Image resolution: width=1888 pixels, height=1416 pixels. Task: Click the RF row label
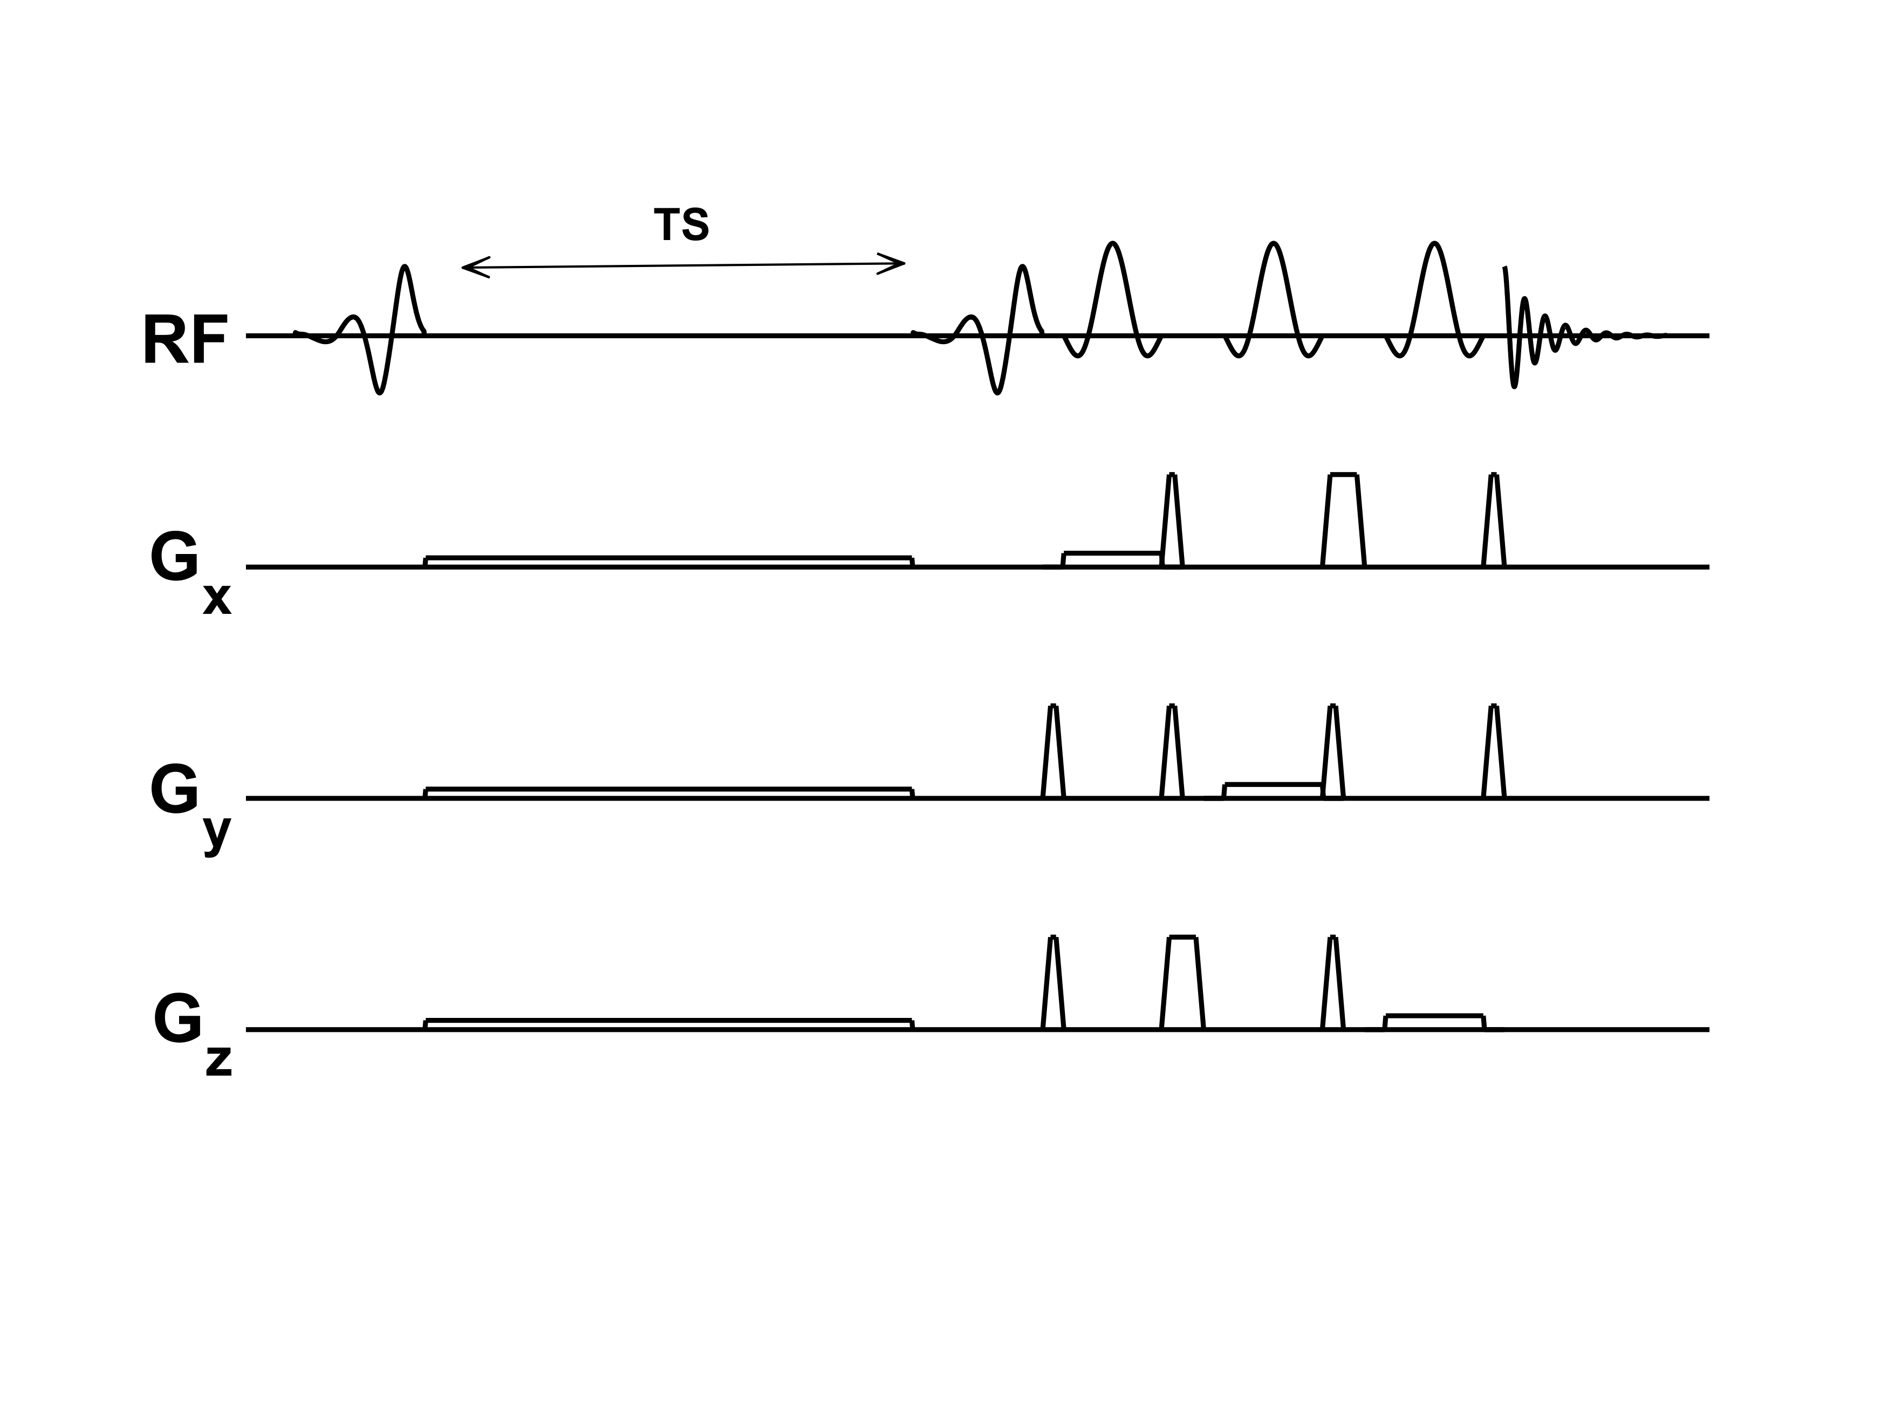(185, 340)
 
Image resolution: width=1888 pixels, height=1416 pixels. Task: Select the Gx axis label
(189, 573)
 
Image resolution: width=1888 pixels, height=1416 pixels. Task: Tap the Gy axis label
(189, 806)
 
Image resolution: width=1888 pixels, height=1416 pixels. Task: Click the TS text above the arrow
(681, 225)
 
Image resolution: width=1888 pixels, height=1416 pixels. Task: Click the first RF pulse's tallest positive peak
(406, 268)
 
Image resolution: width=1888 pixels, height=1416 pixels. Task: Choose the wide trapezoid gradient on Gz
(1182, 982)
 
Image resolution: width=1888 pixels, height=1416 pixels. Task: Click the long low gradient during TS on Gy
(668, 792)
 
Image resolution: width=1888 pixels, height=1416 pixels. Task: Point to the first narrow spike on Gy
(1054, 751)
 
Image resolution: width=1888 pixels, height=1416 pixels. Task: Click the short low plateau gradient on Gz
(1434, 1021)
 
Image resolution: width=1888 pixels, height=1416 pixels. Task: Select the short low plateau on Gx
(1111, 558)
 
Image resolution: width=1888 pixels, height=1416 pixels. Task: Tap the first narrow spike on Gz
(1054, 982)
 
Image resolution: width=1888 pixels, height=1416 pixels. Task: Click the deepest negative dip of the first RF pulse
(380, 392)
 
